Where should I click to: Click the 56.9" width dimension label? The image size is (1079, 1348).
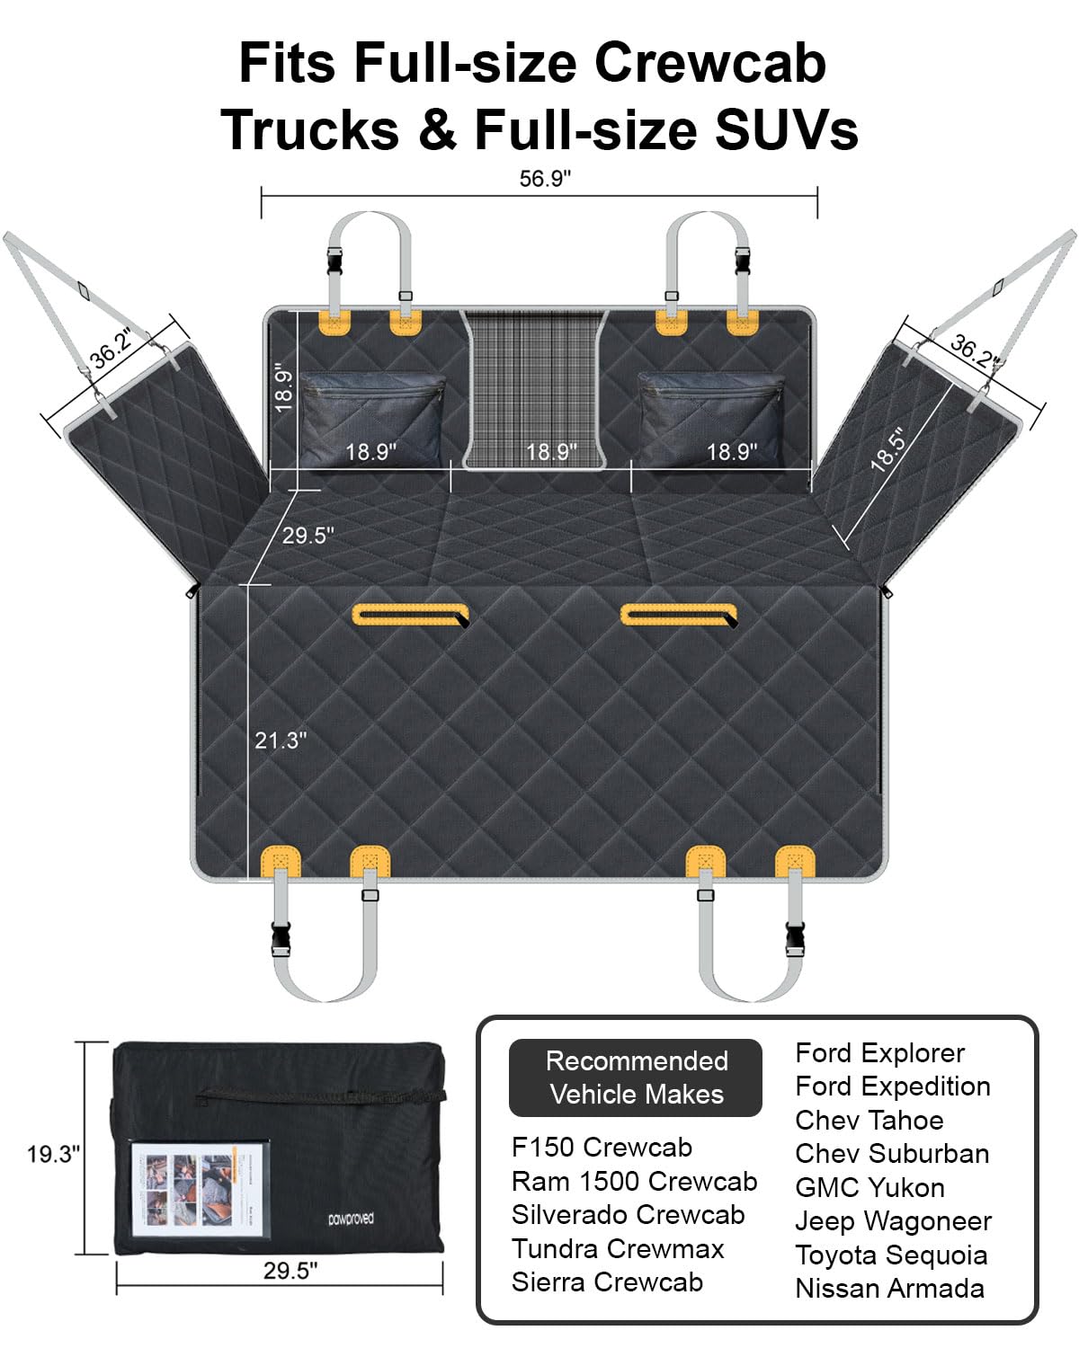click(x=544, y=179)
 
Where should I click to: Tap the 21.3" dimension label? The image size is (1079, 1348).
click(x=281, y=741)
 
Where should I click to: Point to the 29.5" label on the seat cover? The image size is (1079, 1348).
click(x=308, y=536)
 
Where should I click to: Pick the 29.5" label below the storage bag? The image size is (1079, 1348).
click(x=290, y=1271)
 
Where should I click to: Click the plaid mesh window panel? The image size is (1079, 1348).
click(x=535, y=389)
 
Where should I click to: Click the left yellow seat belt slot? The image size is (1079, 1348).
click(x=411, y=615)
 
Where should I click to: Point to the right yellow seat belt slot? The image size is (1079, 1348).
click(x=679, y=615)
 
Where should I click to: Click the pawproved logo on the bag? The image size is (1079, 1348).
click(x=351, y=1219)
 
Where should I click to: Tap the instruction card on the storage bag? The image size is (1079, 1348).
click(x=200, y=1190)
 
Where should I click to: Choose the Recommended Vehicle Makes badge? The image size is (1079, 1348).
click(x=636, y=1078)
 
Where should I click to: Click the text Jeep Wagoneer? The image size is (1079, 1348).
click(x=893, y=1221)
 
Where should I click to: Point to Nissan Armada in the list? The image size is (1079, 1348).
click(x=889, y=1289)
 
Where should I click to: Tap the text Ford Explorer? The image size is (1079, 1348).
click(x=879, y=1052)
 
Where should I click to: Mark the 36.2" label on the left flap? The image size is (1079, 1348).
click(x=111, y=349)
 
